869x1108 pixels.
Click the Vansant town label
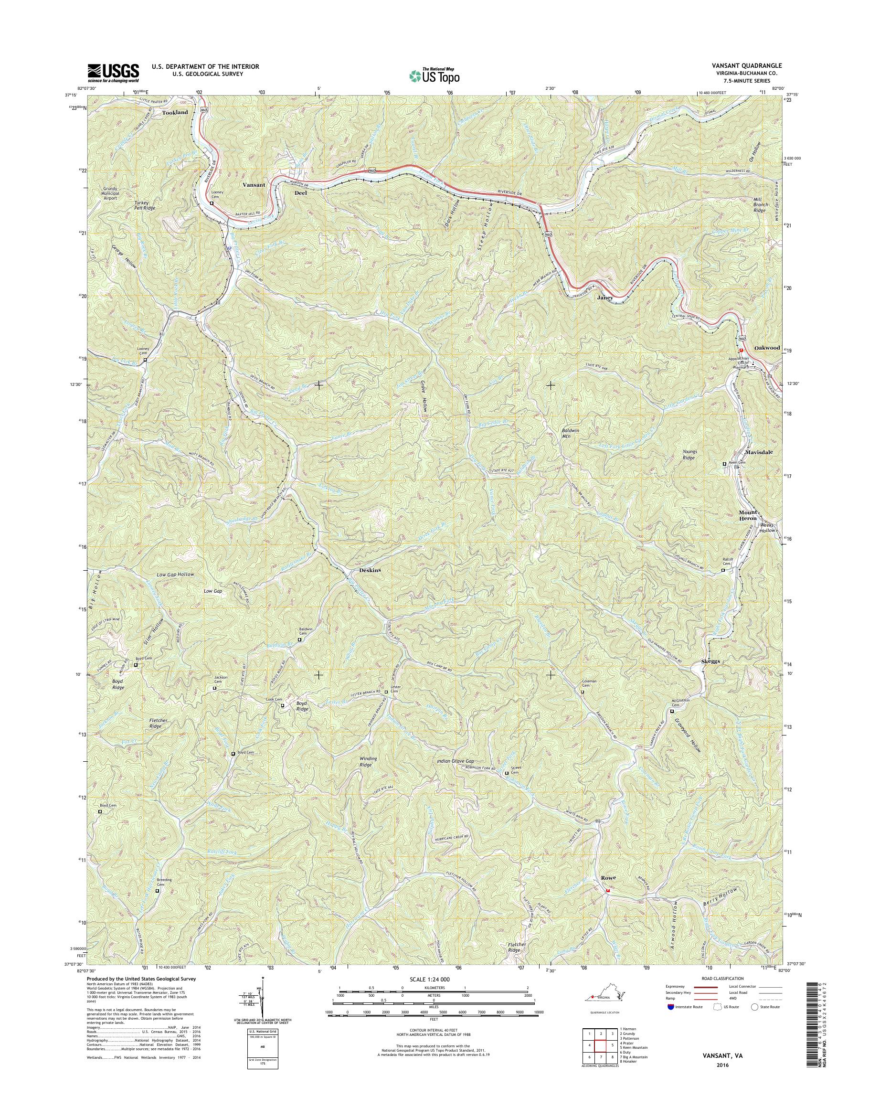(253, 185)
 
